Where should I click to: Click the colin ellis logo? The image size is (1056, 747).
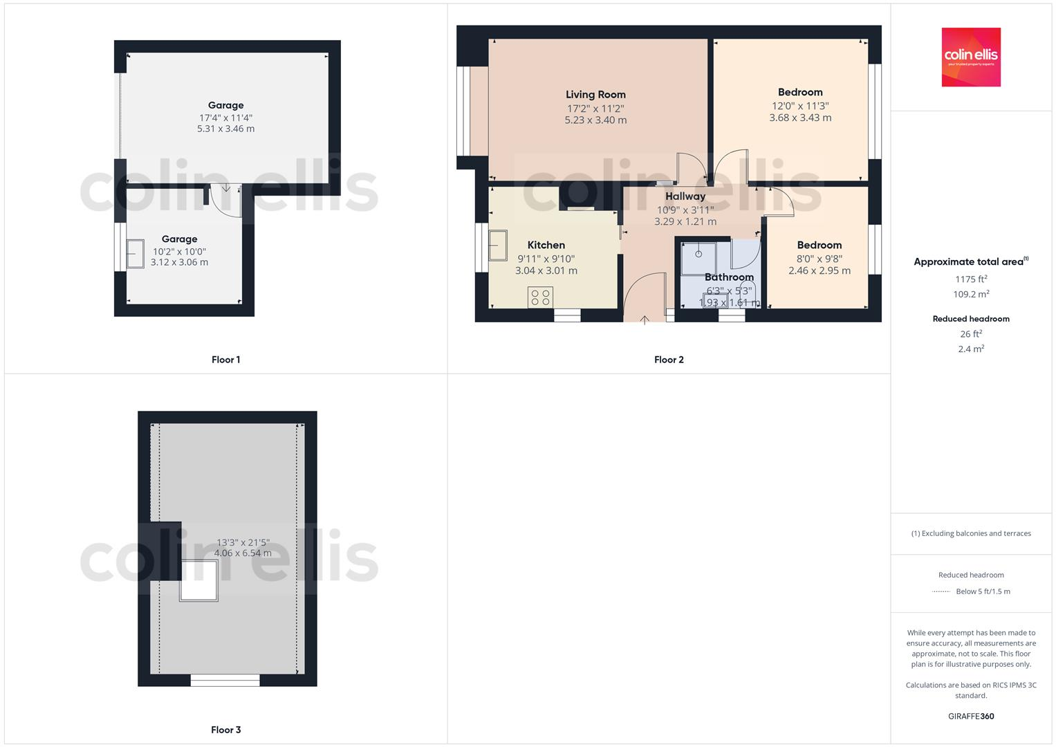pyautogui.click(x=971, y=57)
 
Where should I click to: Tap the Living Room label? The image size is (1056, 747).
pyautogui.click(x=595, y=95)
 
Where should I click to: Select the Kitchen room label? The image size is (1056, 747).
pyautogui.click(x=546, y=245)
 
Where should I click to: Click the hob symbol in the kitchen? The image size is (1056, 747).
pyautogui.click(x=539, y=297)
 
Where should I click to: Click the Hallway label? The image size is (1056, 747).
pyautogui.click(x=685, y=196)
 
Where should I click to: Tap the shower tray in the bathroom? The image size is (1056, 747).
pyautogui.click(x=698, y=258)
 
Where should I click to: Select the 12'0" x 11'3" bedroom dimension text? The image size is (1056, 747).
pyautogui.click(x=800, y=106)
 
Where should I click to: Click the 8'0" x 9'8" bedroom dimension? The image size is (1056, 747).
pyautogui.click(x=819, y=259)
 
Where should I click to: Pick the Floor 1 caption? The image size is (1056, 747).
pyautogui.click(x=225, y=360)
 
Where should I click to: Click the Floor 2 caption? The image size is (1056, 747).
pyautogui.click(x=669, y=360)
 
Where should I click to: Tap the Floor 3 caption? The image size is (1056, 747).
pyautogui.click(x=225, y=730)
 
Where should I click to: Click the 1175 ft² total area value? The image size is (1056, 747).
pyautogui.click(x=971, y=279)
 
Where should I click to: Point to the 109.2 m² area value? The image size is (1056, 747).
pyautogui.click(x=971, y=294)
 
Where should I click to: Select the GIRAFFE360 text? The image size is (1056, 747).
pyautogui.click(x=971, y=716)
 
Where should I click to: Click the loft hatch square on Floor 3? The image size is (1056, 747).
pyautogui.click(x=199, y=581)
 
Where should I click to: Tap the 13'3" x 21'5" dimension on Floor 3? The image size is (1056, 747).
pyautogui.click(x=243, y=543)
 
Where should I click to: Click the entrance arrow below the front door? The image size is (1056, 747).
pyautogui.click(x=645, y=320)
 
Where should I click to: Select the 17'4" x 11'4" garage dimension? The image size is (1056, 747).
pyautogui.click(x=225, y=118)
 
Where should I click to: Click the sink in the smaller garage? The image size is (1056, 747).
pyautogui.click(x=136, y=253)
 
